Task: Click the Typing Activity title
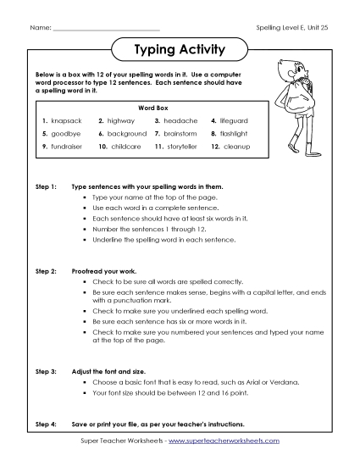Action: pos(180,50)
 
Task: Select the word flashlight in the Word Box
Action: pos(235,134)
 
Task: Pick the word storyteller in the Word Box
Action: pos(181,147)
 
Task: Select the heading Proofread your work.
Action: pos(109,270)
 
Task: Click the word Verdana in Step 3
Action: pos(282,382)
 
